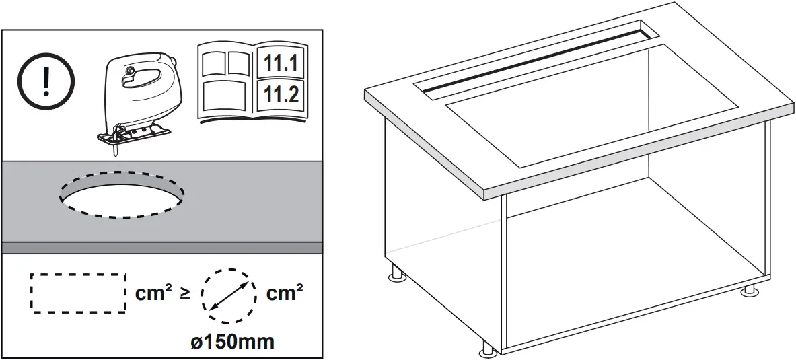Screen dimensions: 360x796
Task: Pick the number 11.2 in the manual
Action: click(281, 94)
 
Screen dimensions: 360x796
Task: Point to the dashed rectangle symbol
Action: click(79, 293)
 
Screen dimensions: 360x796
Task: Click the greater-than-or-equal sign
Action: click(185, 294)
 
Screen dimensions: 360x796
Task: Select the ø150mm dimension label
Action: click(232, 341)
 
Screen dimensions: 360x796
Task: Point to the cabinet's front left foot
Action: click(489, 350)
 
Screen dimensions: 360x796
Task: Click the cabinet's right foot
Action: click(748, 291)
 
